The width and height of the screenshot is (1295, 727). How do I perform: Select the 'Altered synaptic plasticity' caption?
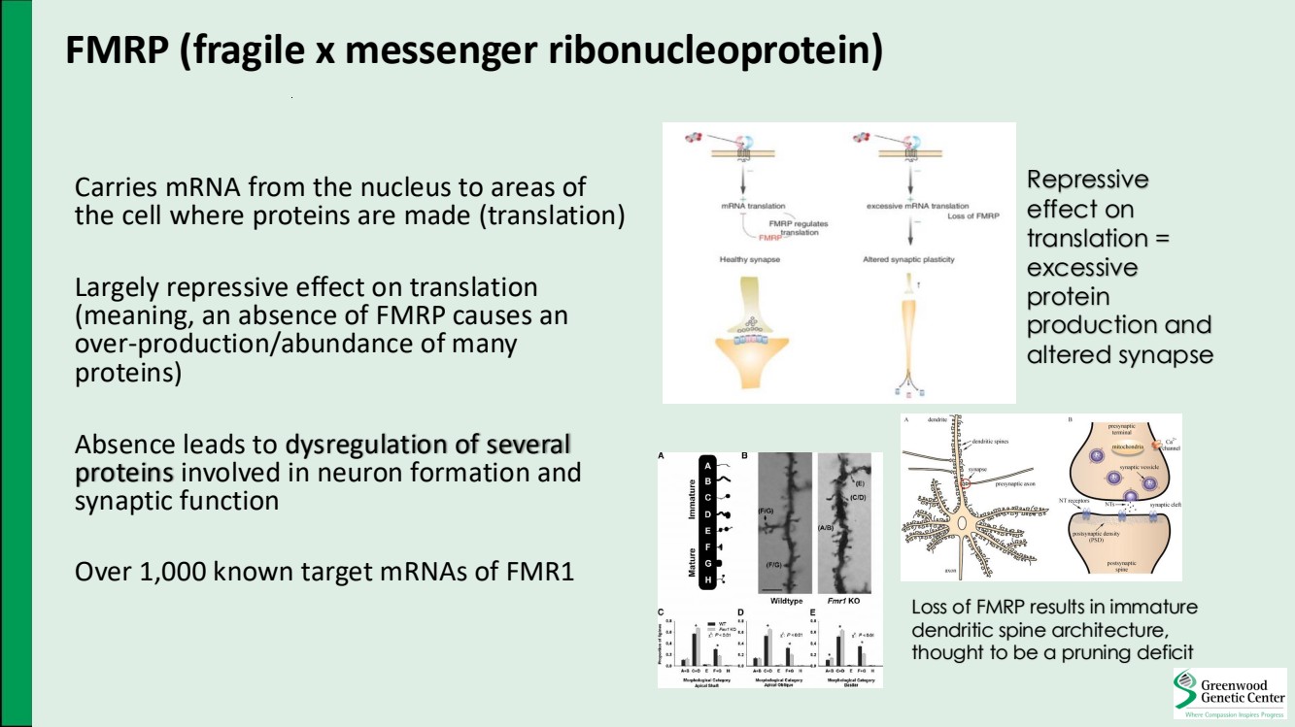[909, 260]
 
